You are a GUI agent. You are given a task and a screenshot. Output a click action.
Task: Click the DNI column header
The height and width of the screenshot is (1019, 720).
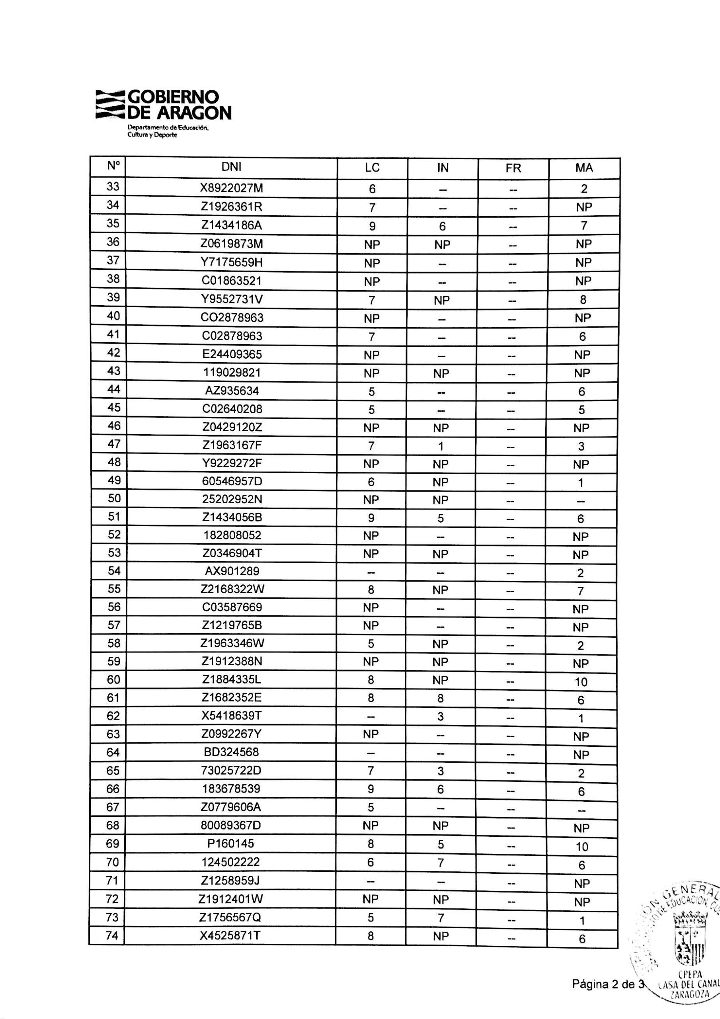pyautogui.click(x=231, y=167)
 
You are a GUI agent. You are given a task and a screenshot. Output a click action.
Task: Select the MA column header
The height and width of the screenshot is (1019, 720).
pyautogui.click(x=584, y=168)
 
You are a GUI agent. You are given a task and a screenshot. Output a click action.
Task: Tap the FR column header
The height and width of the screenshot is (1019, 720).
pyautogui.click(x=513, y=168)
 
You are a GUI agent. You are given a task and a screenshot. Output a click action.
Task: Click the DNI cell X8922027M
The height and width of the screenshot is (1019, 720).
pyautogui.click(x=231, y=189)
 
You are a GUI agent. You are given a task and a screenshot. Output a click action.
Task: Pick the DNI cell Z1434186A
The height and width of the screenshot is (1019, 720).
pyautogui.click(x=231, y=225)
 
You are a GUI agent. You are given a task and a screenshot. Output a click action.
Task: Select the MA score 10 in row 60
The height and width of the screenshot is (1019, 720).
pyautogui.click(x=581, y=682)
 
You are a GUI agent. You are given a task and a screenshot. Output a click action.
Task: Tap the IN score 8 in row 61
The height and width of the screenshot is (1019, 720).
pyautogui.click(x=440, y=699)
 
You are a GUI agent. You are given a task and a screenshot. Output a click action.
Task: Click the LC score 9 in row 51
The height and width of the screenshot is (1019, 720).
pyautogui.click(x=371, y=518)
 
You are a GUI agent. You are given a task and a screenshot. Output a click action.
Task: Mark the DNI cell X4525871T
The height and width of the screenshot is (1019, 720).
pyautogui.click(x=230, y=935)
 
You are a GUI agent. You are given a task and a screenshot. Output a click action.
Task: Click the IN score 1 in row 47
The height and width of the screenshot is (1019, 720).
pyautogui.click(x=441, y=447)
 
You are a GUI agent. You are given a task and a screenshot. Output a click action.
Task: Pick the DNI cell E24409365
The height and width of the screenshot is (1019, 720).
pyautogui.click(x=232, y=355)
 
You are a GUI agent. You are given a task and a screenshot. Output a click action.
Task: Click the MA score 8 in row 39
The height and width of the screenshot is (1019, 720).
pyautogui.click(x=583, y=300)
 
